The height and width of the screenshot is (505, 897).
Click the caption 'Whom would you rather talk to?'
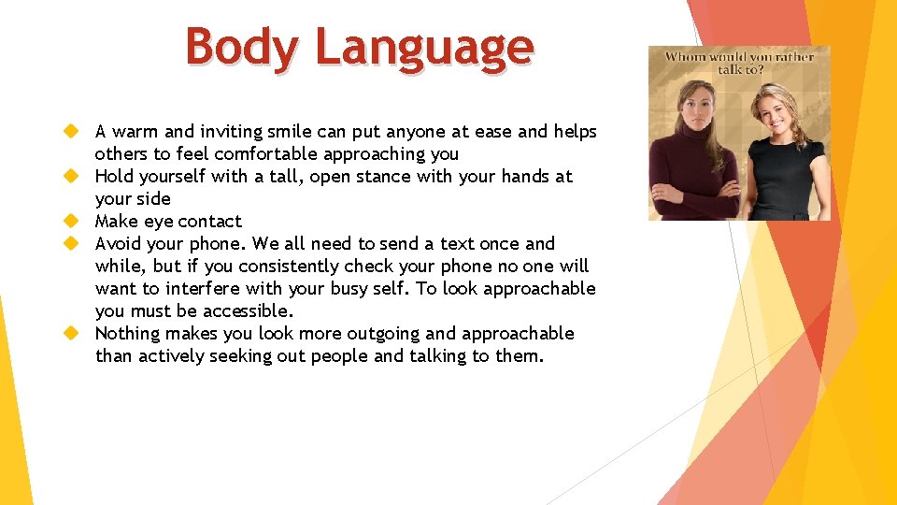click(739, 63)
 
